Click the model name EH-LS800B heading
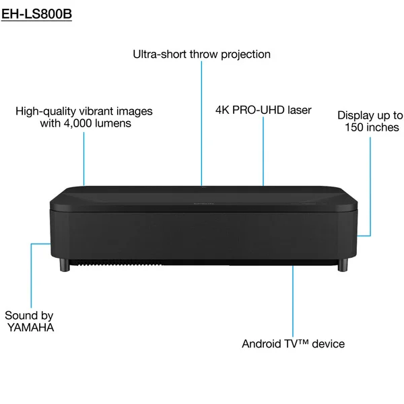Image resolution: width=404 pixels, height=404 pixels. [x=36, y=14]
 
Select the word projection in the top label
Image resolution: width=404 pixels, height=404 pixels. [x=246, y=55]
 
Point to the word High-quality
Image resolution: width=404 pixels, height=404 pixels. [x=46, y=112]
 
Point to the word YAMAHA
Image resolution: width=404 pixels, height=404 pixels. [x=31, y=327]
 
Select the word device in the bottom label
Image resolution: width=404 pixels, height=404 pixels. [x=329, y=344]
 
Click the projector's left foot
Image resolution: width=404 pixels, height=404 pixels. [x=65, y=265]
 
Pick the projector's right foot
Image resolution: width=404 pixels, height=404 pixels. [x=343, y=265]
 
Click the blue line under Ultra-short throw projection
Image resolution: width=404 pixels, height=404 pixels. [x=201, y=123]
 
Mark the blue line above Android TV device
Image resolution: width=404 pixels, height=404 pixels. [x=293, y=301]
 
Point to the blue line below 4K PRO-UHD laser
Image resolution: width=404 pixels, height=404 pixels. [x=263, y=151]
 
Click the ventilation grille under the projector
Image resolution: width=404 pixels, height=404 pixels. [x=116, y=263]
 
